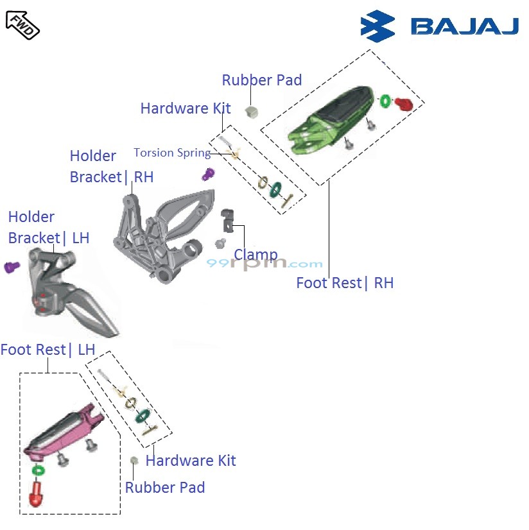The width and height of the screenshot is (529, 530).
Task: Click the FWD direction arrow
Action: coord(22,24)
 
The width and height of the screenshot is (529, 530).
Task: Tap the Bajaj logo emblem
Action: coord(378,26)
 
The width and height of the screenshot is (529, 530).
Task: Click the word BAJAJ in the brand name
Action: coord(464,27)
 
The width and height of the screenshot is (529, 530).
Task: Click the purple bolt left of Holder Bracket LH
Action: coord(12,267)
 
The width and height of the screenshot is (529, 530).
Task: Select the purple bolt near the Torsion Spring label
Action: coord(208,173)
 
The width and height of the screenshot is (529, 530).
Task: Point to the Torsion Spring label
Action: coord(171,153)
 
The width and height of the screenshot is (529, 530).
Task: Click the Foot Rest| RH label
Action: coord(345,283)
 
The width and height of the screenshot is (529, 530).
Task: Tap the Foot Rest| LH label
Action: coord(48,350)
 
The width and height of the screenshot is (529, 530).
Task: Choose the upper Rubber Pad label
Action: coord(261,80)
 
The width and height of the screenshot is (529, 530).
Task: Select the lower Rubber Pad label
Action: coord(165,488)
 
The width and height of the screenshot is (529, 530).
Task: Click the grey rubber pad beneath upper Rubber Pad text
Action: coord(251,111)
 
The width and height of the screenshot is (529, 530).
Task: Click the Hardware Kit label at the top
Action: coord(185,108)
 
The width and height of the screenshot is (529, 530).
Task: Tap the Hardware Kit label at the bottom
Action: coord(191,461)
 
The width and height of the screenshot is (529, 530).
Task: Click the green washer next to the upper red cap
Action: coord(385,101)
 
